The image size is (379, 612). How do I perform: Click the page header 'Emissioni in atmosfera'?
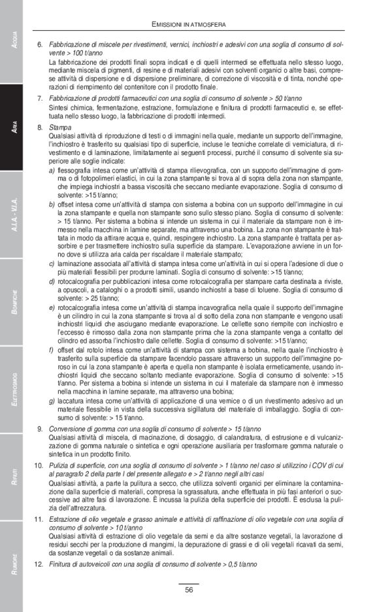click(x=189, y=24)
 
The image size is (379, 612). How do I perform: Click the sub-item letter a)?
click(x=52, y=170)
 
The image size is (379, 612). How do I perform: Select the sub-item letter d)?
click(x=52, y=280)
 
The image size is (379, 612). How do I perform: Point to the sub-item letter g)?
click(x=52, y=399)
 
